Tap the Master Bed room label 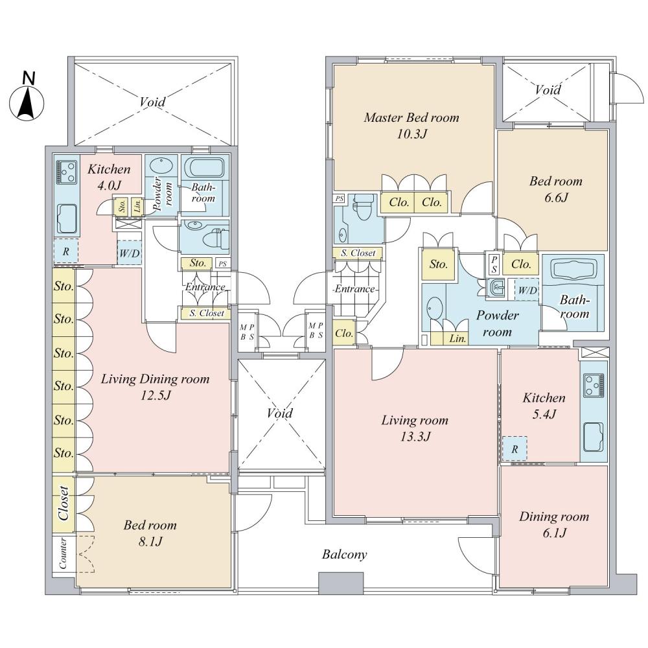point(411,118)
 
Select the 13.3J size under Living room point(415,436)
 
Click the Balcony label point(345,555)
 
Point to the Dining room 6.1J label point(553,525)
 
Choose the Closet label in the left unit point(64,503)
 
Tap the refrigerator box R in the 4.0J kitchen point(65,251)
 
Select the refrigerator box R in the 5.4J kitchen point(515,448)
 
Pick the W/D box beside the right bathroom point(526,290)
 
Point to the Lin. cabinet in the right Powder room point(457,338)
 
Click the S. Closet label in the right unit point(358,253)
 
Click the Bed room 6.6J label point(555,189)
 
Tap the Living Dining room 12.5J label point(155,387)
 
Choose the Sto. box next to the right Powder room point(439,264)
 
